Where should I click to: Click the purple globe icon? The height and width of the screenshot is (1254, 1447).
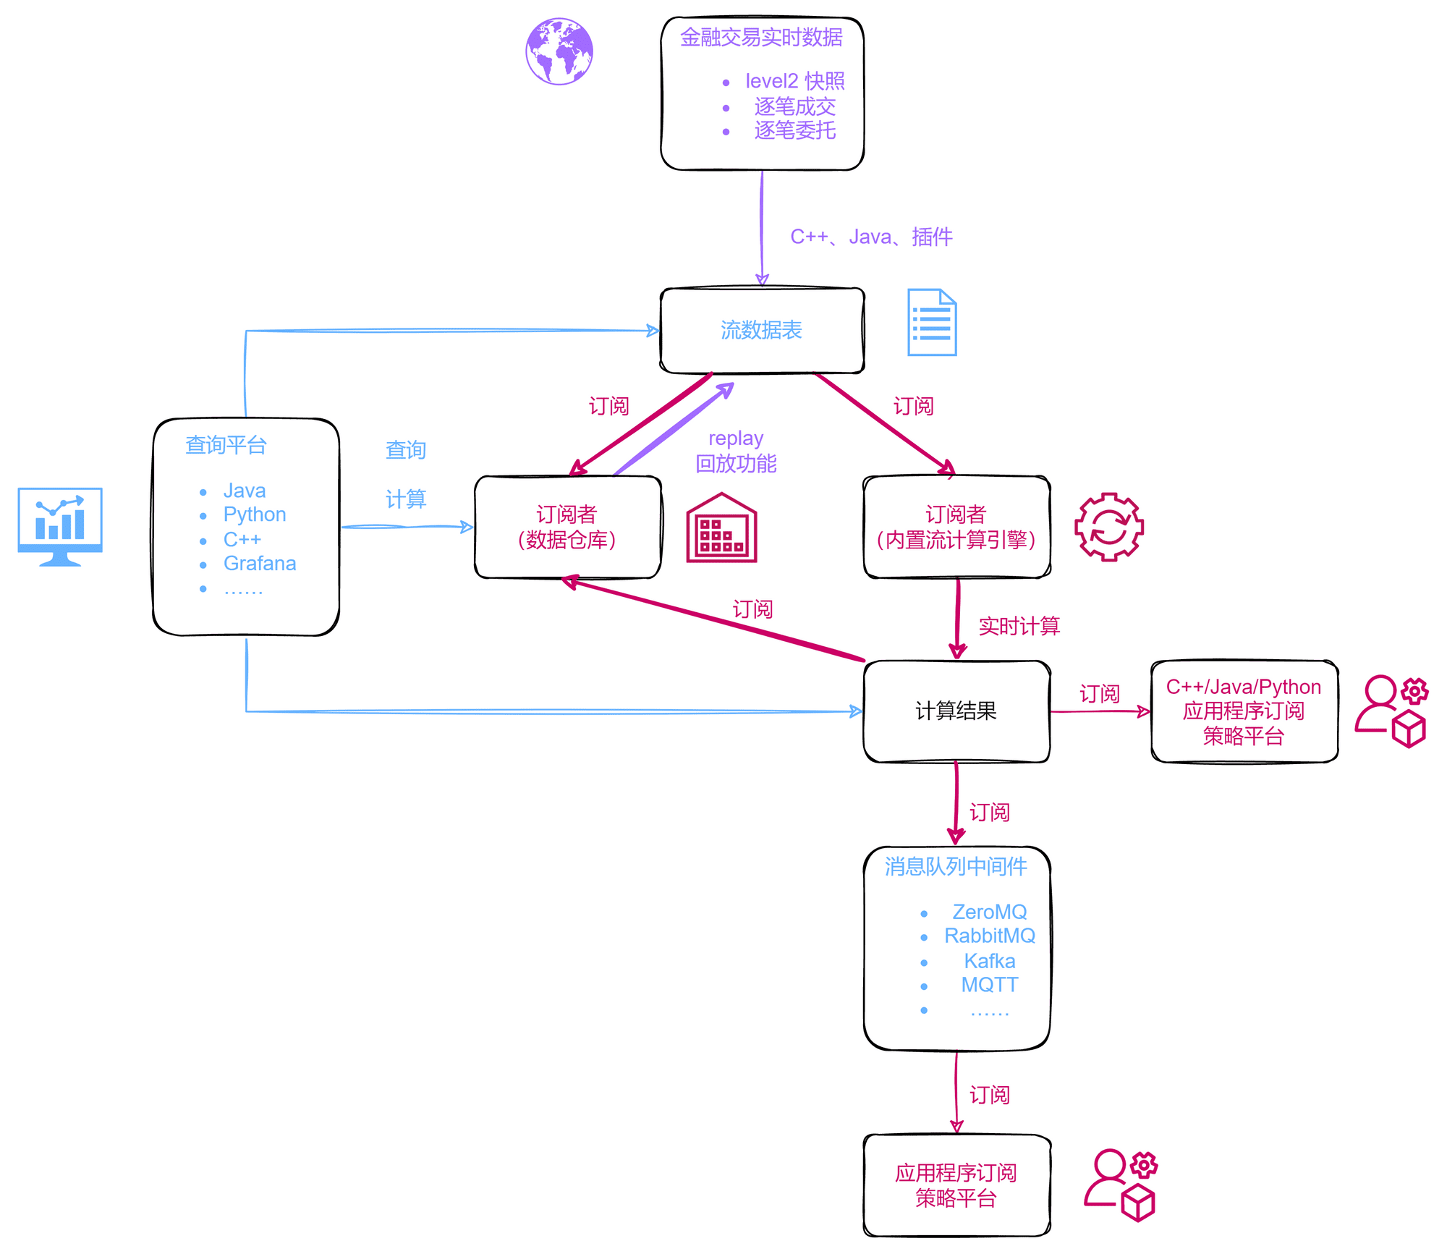point(559,51)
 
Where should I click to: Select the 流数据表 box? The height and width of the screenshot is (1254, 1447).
point(762,331)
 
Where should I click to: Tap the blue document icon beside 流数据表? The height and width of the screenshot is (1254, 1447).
point(932,323)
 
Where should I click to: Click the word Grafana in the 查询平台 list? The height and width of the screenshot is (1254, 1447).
point(259,563)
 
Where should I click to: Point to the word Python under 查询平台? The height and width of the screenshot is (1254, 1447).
point(254,514)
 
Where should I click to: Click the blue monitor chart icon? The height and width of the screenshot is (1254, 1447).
point(60,526)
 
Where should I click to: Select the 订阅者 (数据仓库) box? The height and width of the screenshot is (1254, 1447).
point(567,527)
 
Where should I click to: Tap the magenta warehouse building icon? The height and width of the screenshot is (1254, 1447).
point(721,528)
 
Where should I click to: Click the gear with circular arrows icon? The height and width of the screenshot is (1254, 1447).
point(1108,527)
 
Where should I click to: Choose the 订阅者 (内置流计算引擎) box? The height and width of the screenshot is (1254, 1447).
point(956,527)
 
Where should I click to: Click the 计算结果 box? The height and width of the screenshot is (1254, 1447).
point(956,711)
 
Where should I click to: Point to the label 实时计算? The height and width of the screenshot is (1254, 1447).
point(1019,626)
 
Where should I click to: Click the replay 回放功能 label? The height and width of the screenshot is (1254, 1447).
point(736,452)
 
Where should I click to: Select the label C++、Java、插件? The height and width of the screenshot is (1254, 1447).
point(871,237)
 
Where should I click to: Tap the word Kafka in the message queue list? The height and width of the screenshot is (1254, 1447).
point(989,961)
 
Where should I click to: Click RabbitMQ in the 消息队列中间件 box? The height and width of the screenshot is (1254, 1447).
point(989,936)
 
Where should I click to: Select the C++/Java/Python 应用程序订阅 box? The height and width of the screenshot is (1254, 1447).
point(1244,711)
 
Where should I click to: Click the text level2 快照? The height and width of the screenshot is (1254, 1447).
point(794,81)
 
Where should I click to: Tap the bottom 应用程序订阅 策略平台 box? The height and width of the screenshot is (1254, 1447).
point(956,1185)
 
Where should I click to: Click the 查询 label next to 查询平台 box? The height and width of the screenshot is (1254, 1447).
point(405,450)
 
